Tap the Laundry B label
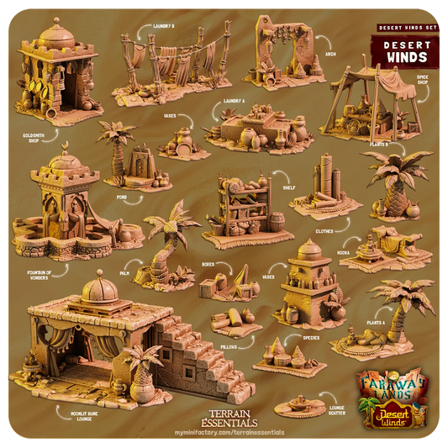click(x=163, y=26)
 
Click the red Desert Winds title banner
click(x=399, y=50)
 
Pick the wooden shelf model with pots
click(x=243, y=206)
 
